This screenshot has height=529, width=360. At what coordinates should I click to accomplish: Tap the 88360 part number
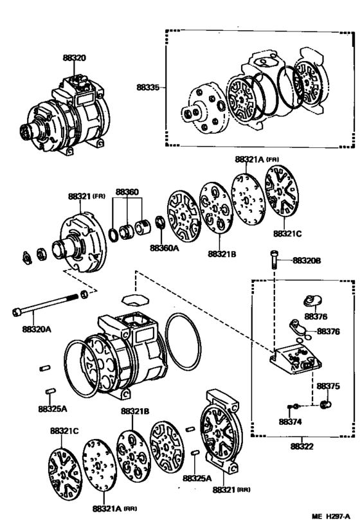pyautogui.click(x=127, y=192)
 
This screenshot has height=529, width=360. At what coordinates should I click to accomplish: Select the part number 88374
pyautogui.click(x=291, y=422)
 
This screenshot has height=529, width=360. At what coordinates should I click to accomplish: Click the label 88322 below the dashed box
pyautogui.click(x=302, y=447)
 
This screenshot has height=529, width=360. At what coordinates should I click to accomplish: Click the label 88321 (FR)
pyautogui.click(x=87, y=195)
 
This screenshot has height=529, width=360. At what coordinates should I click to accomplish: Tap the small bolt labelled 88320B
pyautogui.click(x=275, y=259)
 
